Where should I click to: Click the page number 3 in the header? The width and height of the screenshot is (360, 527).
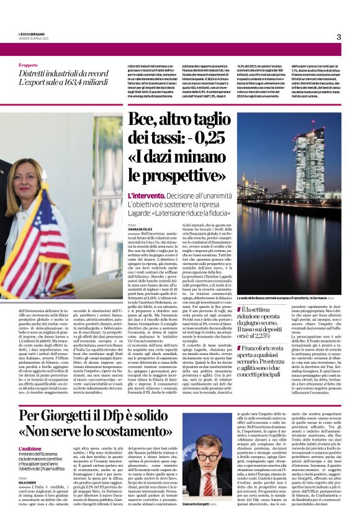[339, 37]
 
